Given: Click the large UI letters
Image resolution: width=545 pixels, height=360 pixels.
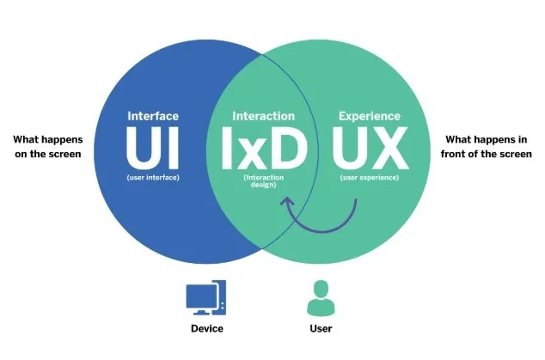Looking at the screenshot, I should tap(153, 148).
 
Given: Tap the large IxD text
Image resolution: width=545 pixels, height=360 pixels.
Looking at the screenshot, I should tap(264, 148).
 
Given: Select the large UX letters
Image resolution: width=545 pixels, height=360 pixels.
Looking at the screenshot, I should tap(370, 148).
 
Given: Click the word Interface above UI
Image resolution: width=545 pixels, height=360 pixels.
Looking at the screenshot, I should tap(153, 115).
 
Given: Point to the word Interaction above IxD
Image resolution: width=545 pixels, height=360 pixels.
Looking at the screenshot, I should tap(264, 115).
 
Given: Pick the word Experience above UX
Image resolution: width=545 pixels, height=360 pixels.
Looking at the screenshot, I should tap(370, 115).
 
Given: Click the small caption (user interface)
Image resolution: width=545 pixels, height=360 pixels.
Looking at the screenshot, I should tap(153, 178).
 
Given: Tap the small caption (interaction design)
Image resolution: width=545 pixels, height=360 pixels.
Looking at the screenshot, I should tap(264, 182).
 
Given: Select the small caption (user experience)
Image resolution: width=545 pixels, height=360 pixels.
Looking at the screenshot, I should tap(370, 178).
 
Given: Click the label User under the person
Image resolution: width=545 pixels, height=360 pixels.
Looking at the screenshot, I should tap(319, 328).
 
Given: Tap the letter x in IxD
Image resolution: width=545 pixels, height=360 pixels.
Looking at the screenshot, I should tap(262, 152).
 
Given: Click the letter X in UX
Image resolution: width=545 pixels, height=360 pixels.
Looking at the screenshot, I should tap(388, 148).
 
